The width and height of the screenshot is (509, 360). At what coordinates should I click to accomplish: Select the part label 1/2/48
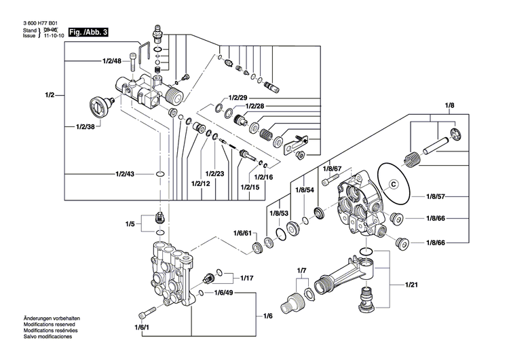112,61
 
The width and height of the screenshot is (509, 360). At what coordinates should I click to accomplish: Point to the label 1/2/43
125,175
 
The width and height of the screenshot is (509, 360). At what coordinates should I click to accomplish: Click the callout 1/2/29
239,98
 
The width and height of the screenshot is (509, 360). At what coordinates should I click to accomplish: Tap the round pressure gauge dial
101,106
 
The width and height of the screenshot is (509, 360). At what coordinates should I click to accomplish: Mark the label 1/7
302,271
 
